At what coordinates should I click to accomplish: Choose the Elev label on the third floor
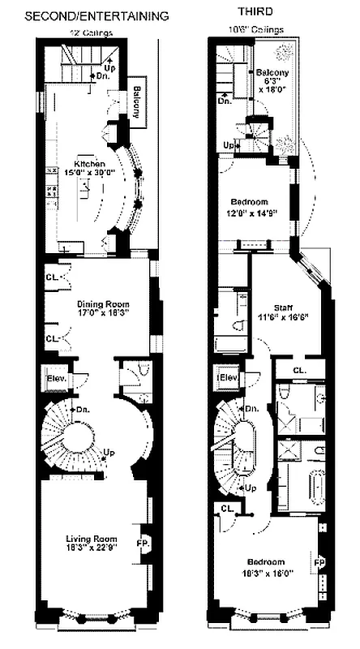tap(227, 377)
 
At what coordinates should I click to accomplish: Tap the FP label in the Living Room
tap(143, 543)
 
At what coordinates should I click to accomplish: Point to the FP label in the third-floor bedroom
tap(319, 561)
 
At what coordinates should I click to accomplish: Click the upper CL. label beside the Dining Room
tap(51, 276)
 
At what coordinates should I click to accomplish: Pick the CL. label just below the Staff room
tap(298, 370)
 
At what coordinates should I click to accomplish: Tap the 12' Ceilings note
tap(89, 33)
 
